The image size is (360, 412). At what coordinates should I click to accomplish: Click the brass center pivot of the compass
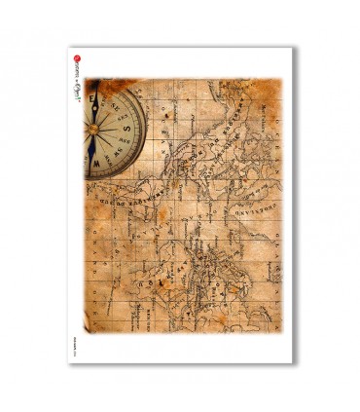click(x=94, y=127)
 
